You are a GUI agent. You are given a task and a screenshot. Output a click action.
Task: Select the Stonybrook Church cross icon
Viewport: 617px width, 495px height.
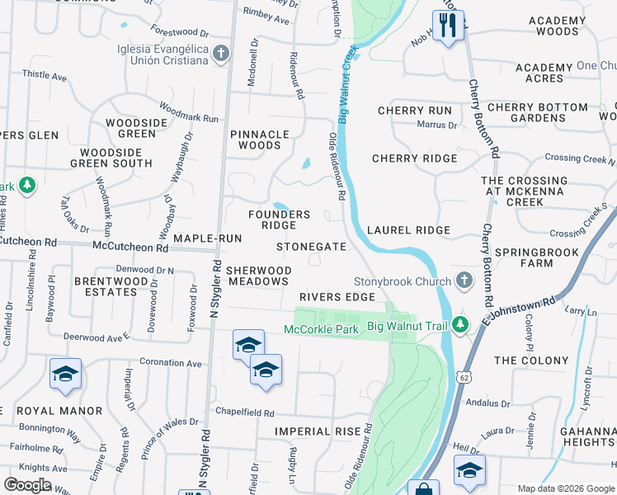464,280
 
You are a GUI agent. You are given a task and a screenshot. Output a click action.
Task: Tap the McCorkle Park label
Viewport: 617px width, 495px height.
321,329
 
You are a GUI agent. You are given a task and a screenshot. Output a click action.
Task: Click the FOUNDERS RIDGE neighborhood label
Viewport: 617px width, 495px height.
279,219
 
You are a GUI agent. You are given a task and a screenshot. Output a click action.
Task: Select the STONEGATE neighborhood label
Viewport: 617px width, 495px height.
311,247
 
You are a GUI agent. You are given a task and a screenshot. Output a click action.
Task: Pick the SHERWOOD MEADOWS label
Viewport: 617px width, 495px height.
259,276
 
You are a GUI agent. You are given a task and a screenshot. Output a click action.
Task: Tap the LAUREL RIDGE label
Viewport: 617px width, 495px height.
409,230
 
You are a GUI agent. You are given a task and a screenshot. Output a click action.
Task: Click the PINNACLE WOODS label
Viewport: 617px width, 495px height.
260,139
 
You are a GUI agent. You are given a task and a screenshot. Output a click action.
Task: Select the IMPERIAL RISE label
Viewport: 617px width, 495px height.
318,431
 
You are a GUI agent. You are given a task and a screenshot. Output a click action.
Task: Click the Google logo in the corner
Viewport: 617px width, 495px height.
27,485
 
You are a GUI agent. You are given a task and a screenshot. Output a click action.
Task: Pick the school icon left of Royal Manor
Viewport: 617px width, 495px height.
65,375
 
